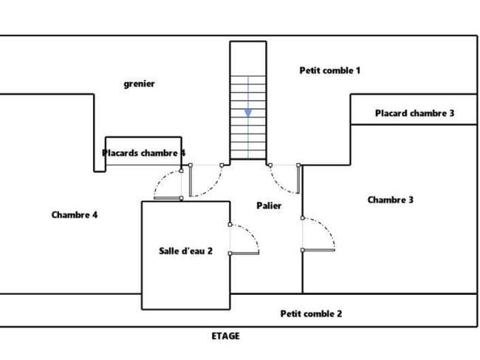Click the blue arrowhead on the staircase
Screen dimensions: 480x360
[x=248, y=113]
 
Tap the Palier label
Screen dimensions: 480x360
[x=269, y=206]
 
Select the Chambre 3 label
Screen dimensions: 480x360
[x=391, y=200]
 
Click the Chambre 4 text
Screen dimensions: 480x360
[x=75, y=215]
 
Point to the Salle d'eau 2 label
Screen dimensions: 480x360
[x=185, y=251]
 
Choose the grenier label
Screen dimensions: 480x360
[x=140, y=84]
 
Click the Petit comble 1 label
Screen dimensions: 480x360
[x=329, y=70]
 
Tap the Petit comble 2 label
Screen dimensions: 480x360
[x=311, y=313]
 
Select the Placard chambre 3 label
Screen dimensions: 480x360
[x=414, y=113]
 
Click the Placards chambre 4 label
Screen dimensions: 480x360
[x=143, y=153]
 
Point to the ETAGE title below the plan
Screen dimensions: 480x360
[x=226, y=336]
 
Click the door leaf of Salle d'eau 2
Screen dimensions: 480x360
[x=244, y=254]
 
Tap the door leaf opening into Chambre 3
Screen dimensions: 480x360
[x=318, y=251]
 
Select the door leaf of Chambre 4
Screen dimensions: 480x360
[x=168, y=198]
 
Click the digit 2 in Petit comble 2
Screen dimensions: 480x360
[x=339, y=313]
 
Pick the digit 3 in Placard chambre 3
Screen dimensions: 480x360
[x=451, y=113]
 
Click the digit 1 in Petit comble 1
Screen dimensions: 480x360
[x=357, y=70]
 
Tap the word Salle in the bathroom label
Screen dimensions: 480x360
[x=168, y=251]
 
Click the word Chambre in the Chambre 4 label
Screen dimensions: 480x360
[x=70, y=215]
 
